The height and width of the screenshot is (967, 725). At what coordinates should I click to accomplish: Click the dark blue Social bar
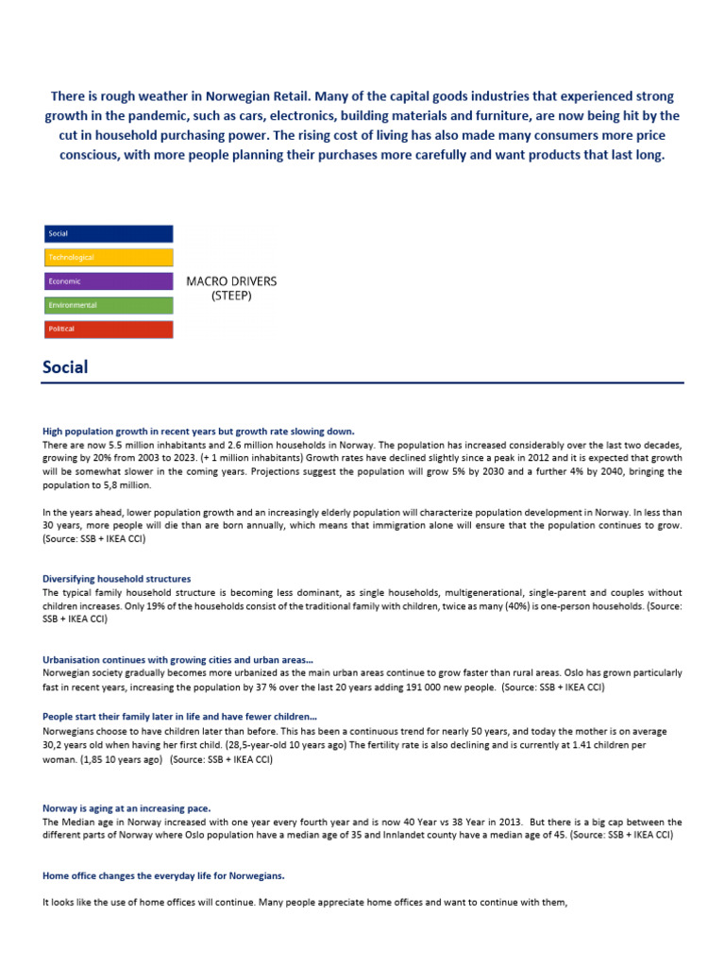pos(108,233)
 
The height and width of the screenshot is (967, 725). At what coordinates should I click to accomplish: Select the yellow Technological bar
pos(108,257)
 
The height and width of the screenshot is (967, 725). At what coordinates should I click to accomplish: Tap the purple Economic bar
pos(108,281)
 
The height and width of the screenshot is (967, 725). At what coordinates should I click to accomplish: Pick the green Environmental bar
pos(108,305)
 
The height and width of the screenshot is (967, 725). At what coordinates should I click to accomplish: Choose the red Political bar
pos(108,330)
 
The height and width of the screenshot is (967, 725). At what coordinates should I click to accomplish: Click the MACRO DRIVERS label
pos(231,281)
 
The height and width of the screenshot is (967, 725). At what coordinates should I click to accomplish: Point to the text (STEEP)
pos(231,296)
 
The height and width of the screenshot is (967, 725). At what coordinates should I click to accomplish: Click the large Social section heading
pos(65,367)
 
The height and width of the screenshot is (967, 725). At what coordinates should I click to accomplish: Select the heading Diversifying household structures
pos(117,579)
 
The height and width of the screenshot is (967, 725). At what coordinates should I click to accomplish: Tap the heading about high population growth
pos(198,431)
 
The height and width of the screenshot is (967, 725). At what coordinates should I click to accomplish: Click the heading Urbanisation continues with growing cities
pos(178,659)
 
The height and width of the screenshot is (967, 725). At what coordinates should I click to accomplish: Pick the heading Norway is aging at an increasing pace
pos(126,808)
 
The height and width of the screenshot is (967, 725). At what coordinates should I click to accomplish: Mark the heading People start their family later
pos(179,717)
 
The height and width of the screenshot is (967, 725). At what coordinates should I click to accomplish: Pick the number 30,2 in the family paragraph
pos(55,746)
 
